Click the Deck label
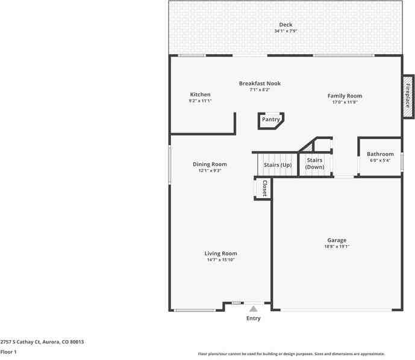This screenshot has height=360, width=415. tap(286, 25)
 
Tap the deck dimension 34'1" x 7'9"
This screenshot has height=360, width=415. tap(286, 31)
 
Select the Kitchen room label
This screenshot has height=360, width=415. tap(200, 95)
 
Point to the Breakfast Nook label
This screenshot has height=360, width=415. tap(260, 84)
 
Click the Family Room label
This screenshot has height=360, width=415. tap(345, 96)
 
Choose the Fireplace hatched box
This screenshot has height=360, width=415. tap(408, 96)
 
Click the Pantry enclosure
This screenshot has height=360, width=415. tap(270, 120)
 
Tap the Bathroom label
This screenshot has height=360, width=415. tap(380, 154)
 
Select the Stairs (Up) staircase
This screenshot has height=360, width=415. tap(278, 164)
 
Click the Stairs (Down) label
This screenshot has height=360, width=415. tap(314, 163)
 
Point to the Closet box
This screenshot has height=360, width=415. tap(263, 188)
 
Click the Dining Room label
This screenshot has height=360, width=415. tap(210, 164)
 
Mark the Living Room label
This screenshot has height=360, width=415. tap(220, 253)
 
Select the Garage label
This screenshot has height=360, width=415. tap(337, 240)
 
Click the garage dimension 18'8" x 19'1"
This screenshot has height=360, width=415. tap(337, 246)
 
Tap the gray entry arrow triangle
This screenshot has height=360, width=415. tap(254, 308)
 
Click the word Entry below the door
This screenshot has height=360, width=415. tap(254, 318)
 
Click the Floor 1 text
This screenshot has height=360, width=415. tap(8, 352)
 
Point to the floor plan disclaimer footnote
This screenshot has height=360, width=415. tap(292, 354)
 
